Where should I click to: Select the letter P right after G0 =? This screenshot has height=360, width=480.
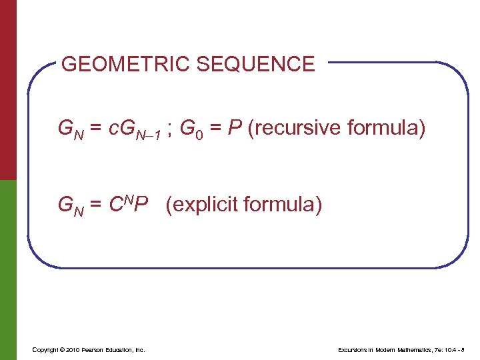pyautogui.click(x=230, y=127)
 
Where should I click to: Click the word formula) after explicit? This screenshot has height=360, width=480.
pyautogui.click(x=285, y=205)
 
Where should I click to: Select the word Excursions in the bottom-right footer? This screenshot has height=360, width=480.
pyautogui.click(x=353, y=350)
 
